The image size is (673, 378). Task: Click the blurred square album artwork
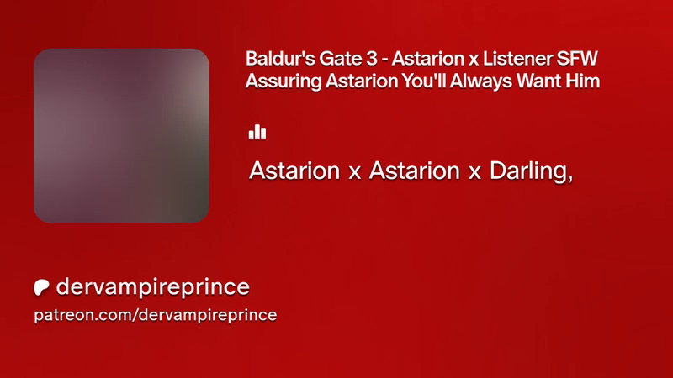pos(121,136)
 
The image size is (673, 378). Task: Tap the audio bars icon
pos(257,132)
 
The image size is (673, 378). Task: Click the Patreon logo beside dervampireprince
pos(41,287)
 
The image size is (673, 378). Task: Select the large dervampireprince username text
pos(153,286)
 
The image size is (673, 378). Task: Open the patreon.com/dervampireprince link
pos(156,315)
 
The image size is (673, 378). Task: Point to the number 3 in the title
pos(372,59)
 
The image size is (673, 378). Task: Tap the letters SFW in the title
pos(577,59)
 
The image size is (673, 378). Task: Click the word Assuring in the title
pos(284,81)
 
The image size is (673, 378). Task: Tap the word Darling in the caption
pos(528,171)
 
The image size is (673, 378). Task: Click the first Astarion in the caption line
pos(294,171)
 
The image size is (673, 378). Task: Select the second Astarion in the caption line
pos(415,171)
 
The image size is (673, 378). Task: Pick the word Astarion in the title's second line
pos(362,81)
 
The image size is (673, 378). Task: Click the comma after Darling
pos(570,179)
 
